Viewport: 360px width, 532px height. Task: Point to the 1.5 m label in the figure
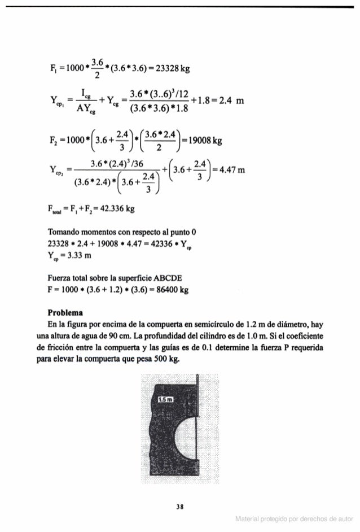click(x=165, y=400)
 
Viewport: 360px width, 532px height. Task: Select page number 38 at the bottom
click(x=179, y=506)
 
